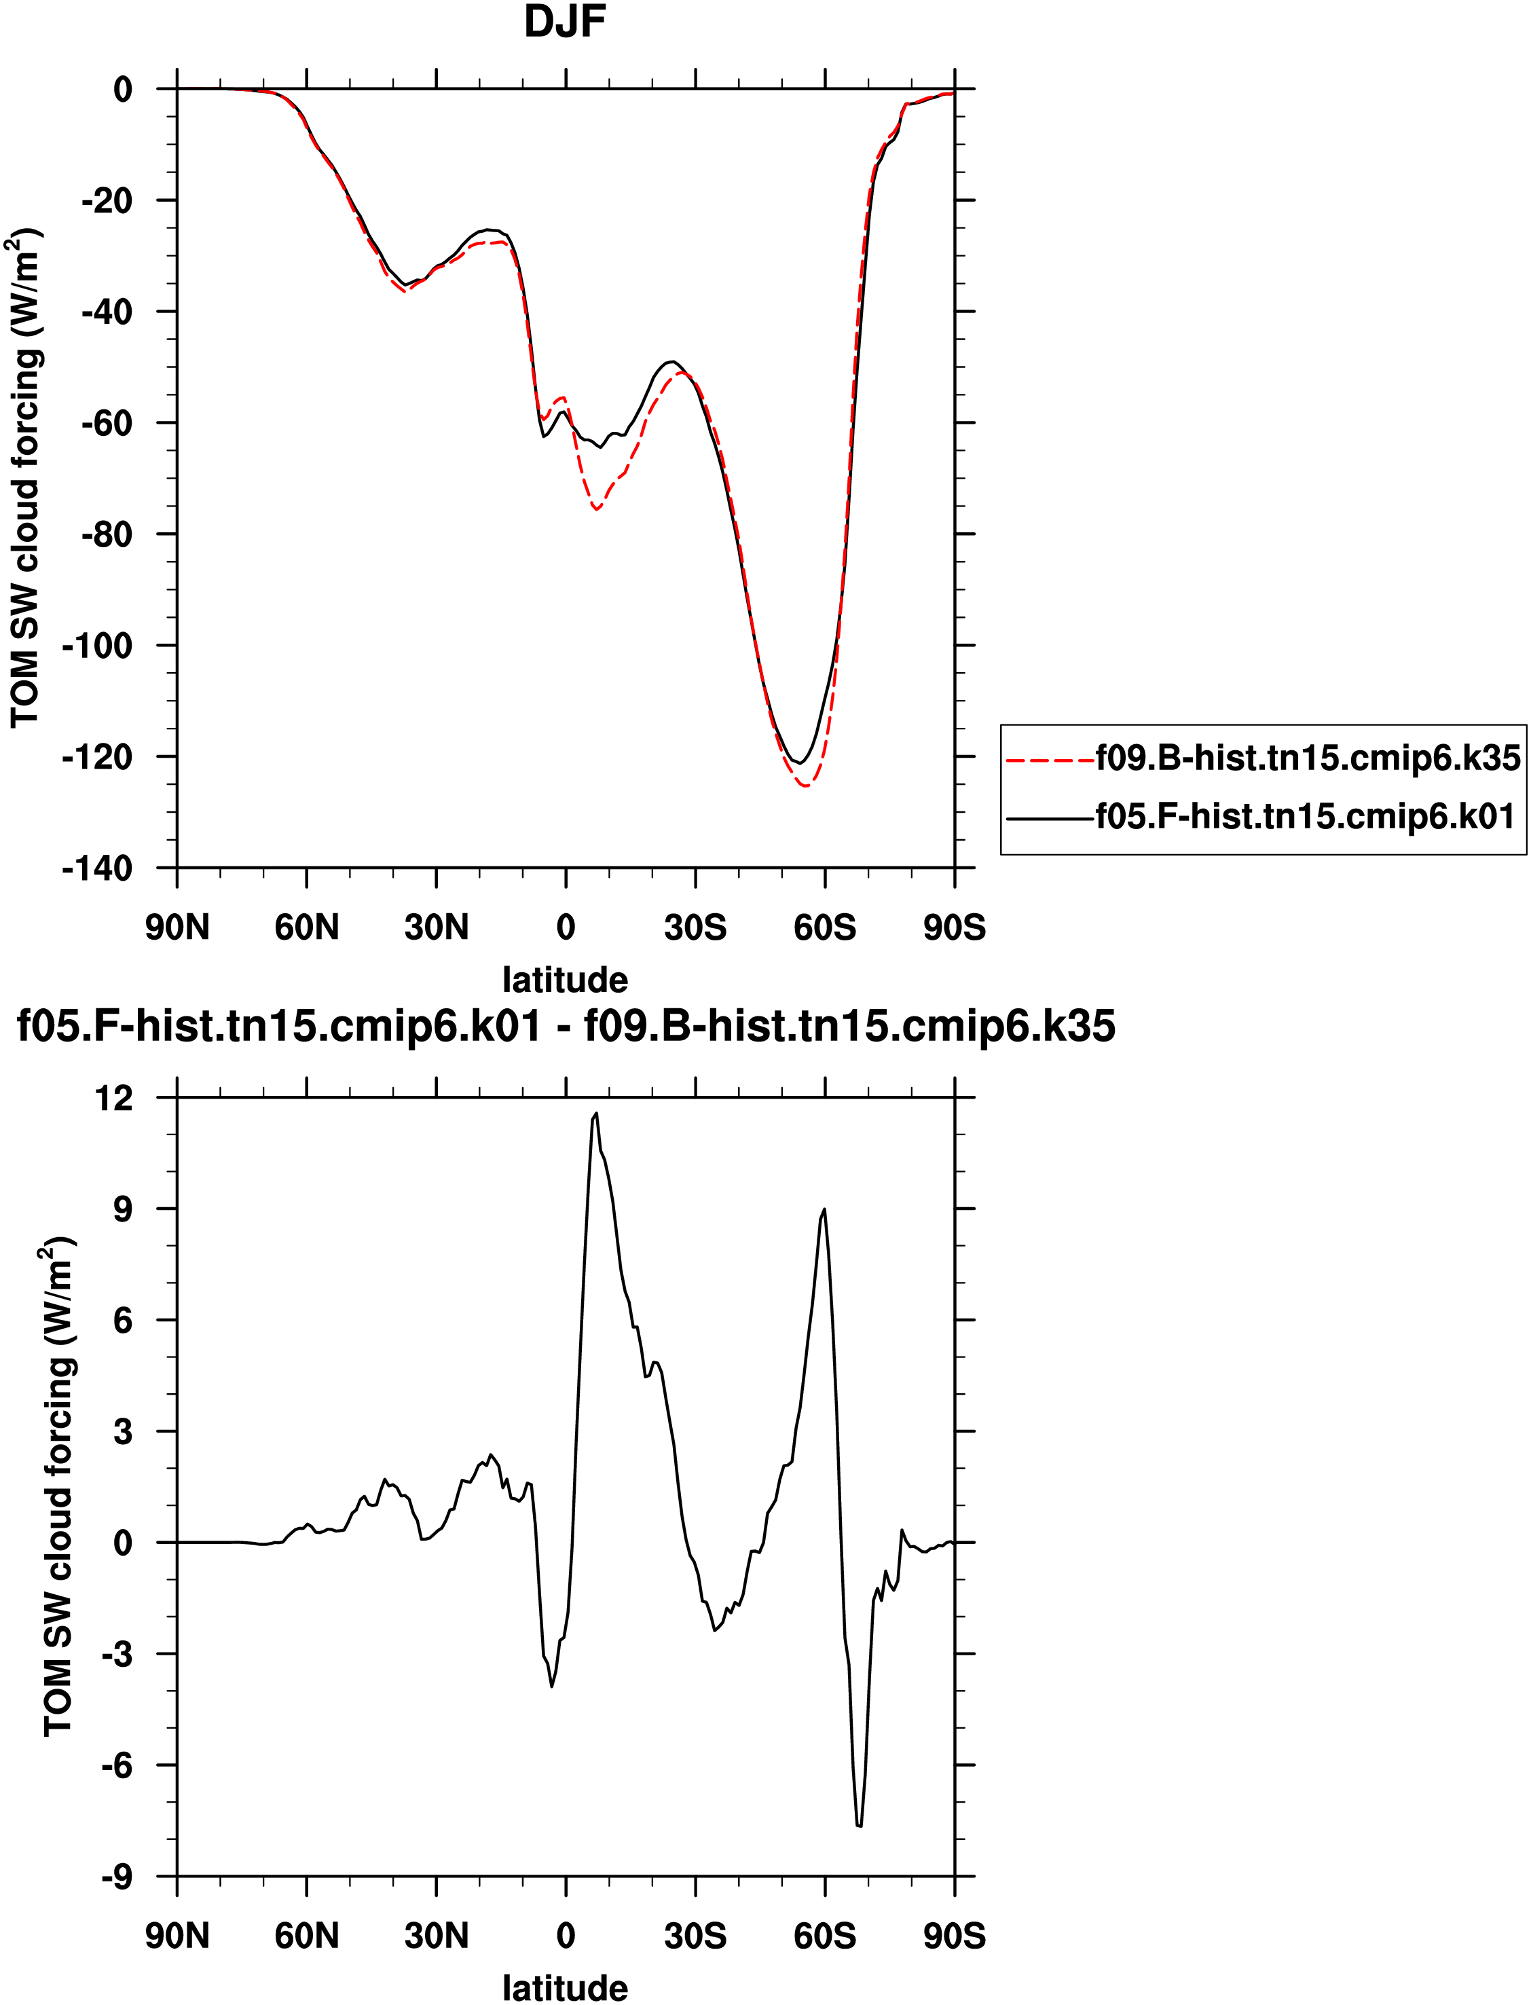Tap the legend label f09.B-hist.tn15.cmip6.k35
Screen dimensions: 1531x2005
(x=1308, y=757)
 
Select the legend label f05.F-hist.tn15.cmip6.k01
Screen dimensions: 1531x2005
(x=1305, y=815)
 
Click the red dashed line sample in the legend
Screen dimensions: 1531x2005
(x=1050, y=758)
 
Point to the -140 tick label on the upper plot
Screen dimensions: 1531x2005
(x=98, y=868)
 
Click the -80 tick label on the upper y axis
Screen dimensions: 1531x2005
(x=107, y=535)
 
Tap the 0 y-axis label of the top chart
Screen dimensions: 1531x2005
(x=123, y=90)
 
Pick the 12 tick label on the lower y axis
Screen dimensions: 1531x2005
(x=114, y=1098)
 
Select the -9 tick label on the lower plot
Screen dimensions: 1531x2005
(x=117, y=1877)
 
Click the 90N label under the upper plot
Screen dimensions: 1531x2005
(x=177, y=927)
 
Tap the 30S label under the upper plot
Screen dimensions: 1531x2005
(x=695, y=927)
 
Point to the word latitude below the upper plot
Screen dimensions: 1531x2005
(x=565, y=980)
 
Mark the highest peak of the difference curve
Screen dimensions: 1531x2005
(x=596, y=1114)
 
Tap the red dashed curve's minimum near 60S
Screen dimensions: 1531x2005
(x=807, y=786)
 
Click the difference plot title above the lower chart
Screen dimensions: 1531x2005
(x=566, y=1026)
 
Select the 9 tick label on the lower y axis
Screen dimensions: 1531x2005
(x=123, y=1209)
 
